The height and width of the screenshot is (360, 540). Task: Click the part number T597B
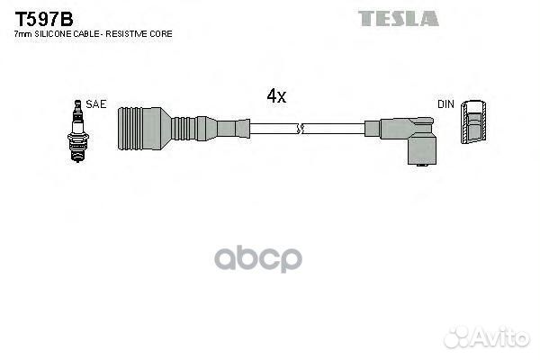(44, 19)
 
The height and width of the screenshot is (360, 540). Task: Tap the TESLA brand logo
(399, 18)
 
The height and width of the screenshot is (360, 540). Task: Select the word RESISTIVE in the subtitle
(128, 34)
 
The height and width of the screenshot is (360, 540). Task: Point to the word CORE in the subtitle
(162, 34)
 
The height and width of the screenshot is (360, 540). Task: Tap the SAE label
(96, 104)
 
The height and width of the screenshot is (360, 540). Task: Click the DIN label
(445, 104)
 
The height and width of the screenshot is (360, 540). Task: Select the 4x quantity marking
(276, 95)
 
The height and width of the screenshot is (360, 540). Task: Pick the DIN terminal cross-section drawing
(473, 122)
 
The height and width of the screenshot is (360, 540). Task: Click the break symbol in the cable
(300, 129)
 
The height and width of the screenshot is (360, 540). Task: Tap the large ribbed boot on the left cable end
(144, 129)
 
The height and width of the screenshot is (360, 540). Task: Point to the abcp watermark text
(258, 258)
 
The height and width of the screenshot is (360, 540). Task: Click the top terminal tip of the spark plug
(77, 103)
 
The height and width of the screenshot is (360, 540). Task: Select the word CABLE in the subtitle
(81, 34)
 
